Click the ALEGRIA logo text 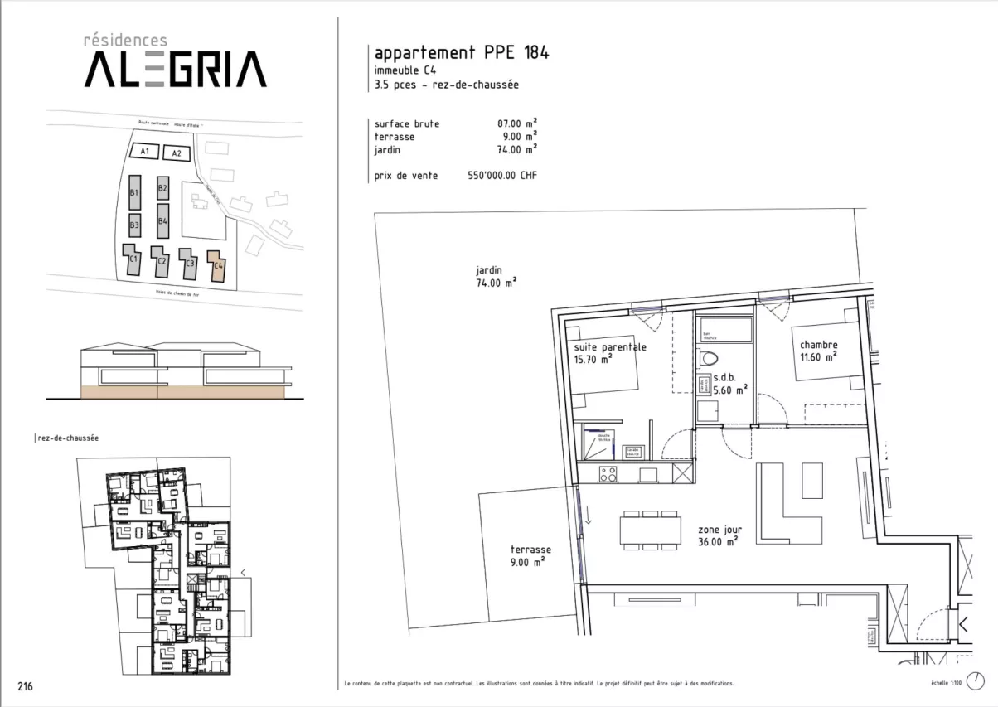pyautogui.click(x=175, y=69)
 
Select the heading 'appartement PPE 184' pyautogui.click(x=462, y=53)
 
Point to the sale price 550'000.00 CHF pyautogui.click(x=502, y=176)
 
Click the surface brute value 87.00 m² pyautogui.click(x=511, y=123)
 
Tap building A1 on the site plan pyautogui.click(x=144, y=152)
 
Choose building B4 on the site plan pyautogui.click(x=163, y=220)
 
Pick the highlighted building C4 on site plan pyautogui.click(x=217, y=264)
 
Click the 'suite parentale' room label pyautogui.click(x=610, y=347)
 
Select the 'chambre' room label pyautogui.click(x=818, y=345)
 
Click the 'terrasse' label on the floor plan pyautogui.click(x=530, y=550)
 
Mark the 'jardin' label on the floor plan pyautogui.click(x=489, y=270)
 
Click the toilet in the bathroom pyautogui.click(x=708, y=356)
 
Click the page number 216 pyautogui.click(x=26, y=686)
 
